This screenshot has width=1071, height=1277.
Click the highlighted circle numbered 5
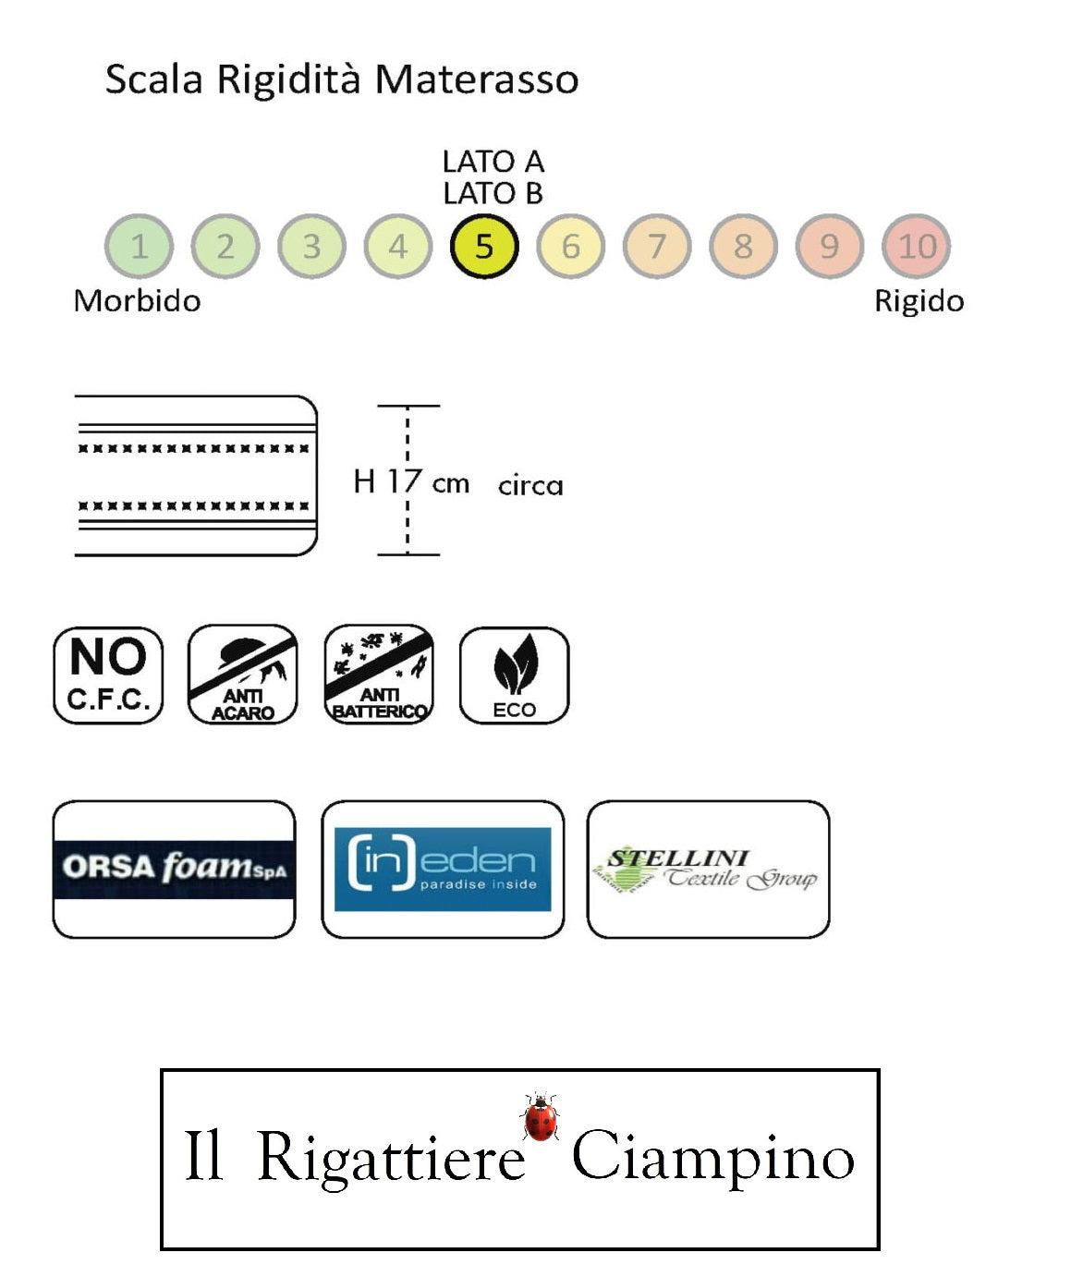[x=484, y=247]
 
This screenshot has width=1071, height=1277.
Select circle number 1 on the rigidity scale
[x=139, y=247]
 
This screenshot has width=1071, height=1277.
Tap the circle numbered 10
[x=917, y=247]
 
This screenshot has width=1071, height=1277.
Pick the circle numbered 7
[x=657, y=247]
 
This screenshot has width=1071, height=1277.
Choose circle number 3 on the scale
[x=311, y=247]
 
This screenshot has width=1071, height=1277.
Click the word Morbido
[x=137, y=301]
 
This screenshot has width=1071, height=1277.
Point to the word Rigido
[x=919, y=301]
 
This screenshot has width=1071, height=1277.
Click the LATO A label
[x=493, y=162]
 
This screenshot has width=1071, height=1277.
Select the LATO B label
[x=493, y=194]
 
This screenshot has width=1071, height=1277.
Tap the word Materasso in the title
[x=477, y=79]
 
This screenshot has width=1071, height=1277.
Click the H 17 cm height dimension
[x=411, y=481]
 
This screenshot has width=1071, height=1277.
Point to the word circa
[x=530, y=485]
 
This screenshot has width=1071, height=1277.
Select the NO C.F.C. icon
[x=108, y=675]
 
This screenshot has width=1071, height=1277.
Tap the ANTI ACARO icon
[x=243, y=675]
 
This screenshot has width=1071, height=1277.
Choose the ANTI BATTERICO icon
[x=379, y=675]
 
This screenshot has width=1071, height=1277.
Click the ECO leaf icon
[x=514, y=675]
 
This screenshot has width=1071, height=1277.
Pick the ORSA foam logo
[x=175, y=869]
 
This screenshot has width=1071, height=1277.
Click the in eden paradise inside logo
[x=443, y=869]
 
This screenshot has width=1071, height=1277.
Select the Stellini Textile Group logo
[x=708, y=869]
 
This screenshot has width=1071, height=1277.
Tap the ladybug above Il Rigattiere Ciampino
[x=541, y=1117]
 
